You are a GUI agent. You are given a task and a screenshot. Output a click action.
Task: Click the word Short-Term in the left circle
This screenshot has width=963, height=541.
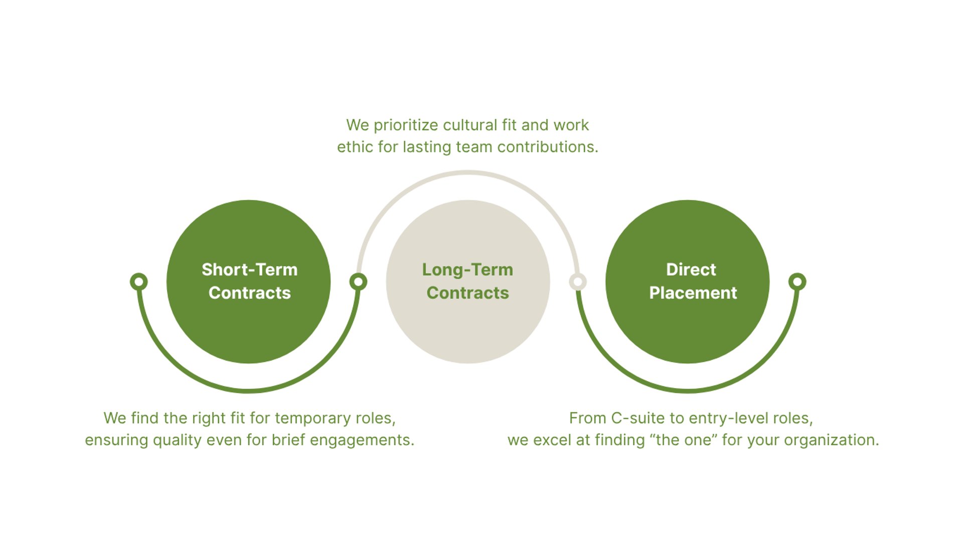click(249, 269)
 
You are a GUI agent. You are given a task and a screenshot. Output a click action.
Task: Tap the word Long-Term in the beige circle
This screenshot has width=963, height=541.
click(467, 270)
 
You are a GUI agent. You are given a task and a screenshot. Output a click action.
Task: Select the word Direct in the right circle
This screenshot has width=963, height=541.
click(691, 269)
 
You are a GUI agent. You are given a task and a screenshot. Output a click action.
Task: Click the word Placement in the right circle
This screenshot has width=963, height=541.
click(693, 293)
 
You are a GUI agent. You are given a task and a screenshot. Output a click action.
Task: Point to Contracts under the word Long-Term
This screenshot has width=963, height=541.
click(467, 293)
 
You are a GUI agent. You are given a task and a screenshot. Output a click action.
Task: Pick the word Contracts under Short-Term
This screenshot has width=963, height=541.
click(249, 293)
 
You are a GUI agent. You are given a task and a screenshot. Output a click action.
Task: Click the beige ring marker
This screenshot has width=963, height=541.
click(578, 282)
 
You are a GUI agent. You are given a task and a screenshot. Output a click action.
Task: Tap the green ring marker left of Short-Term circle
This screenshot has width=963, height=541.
click(139, 282)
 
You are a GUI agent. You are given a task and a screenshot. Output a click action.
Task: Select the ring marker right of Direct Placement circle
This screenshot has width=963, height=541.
click(797, 282)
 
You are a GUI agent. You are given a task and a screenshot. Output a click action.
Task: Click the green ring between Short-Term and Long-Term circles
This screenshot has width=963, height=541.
click(358, 282)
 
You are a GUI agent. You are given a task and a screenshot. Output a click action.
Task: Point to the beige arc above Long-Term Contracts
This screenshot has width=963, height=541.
click(467, 173)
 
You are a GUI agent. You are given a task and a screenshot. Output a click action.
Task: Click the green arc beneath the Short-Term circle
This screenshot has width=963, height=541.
click(248, 390)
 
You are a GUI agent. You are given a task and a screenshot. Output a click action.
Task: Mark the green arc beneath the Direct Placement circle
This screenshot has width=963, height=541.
click(688, 390)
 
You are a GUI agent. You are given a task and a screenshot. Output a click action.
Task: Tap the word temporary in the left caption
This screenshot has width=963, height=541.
click(313, 418)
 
